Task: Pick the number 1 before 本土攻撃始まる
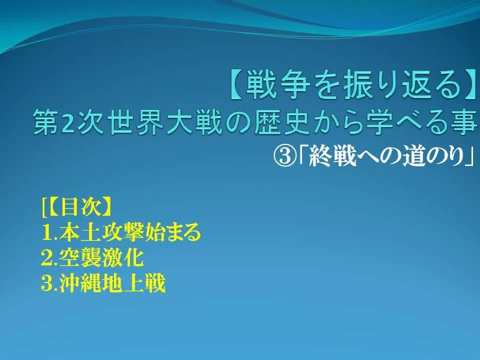pyautogui.click(x=46, y=232)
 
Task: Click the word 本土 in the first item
pyautogui.click(x=74, y=232)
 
